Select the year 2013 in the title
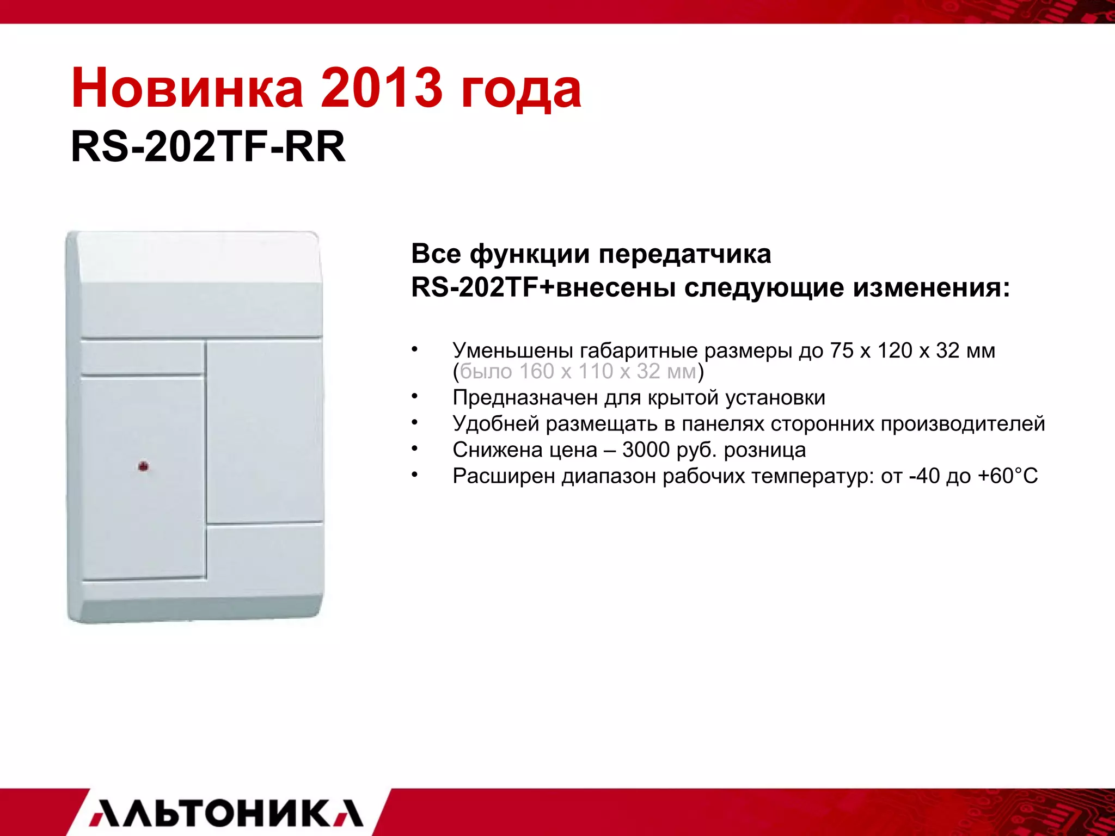point(381,88)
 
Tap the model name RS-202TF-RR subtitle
point(208,147)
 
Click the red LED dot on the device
point(143,466)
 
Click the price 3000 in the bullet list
point(646,450)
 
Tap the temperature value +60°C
point(1008,476)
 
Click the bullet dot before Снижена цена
point(415,447)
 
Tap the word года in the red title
point(521,88)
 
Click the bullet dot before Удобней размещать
point(415,421)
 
